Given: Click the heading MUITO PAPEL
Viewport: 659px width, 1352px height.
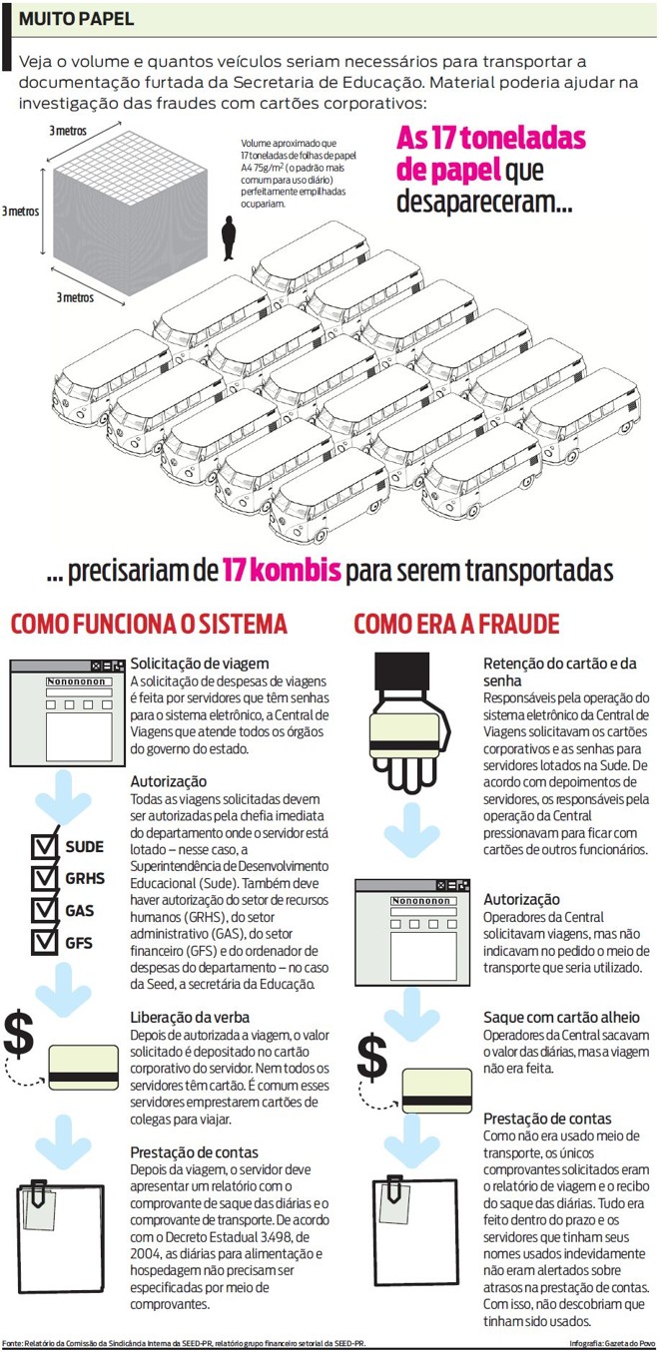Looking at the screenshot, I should click(76, 19).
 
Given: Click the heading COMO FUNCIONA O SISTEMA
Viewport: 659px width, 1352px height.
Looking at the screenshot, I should click(149, 625).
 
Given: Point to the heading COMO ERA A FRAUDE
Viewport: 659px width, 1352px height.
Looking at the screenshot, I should click(456, 625).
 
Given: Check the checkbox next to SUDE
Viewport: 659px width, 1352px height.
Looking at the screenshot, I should click(45, 847).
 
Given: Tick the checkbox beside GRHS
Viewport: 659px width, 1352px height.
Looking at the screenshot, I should click(45, 878).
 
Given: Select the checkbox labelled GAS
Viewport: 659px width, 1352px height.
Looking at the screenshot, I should click(45, 910).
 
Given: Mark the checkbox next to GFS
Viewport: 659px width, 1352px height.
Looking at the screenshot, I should click(45, 941).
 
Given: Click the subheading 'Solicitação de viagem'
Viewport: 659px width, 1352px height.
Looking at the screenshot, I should click(200, 664).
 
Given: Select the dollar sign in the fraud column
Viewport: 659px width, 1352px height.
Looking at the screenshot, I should click(371, 1054).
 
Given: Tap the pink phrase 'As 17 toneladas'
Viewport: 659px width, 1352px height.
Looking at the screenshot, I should click(491, 138).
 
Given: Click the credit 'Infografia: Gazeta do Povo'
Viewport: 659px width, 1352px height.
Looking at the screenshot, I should click(612, 1343).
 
